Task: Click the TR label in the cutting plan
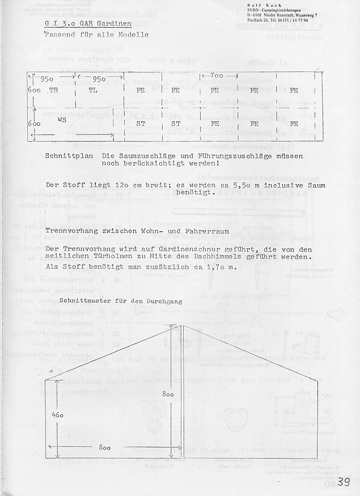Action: [x=54, y=90]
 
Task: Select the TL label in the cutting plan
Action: [x=93, y=90]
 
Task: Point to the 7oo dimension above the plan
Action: [x=213, y=75]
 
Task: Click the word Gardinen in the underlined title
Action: [x=113, y=24]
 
